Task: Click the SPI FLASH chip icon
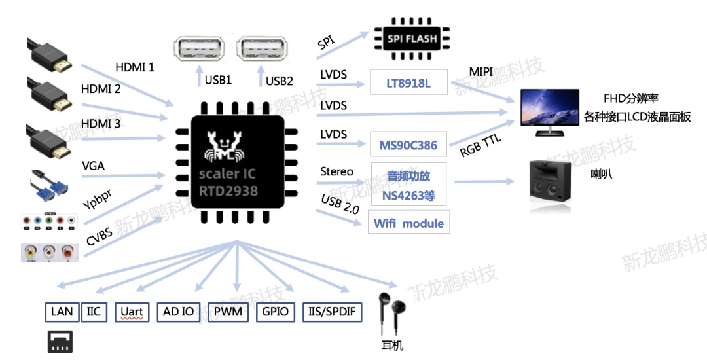(x=412, y=39)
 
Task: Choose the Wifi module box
(x=408, y=223)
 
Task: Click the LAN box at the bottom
(x=62, y=312)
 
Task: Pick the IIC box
(x=94, y=312)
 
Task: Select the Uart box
(x=132, y=312)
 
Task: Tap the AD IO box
(x=179, y=312)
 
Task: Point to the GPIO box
(x=276, y=312)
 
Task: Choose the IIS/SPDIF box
(x=333, y=312)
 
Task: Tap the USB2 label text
(x=280, y=81)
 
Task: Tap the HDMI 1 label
(x=135, y=67)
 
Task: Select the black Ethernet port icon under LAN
(x=60, y=341)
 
